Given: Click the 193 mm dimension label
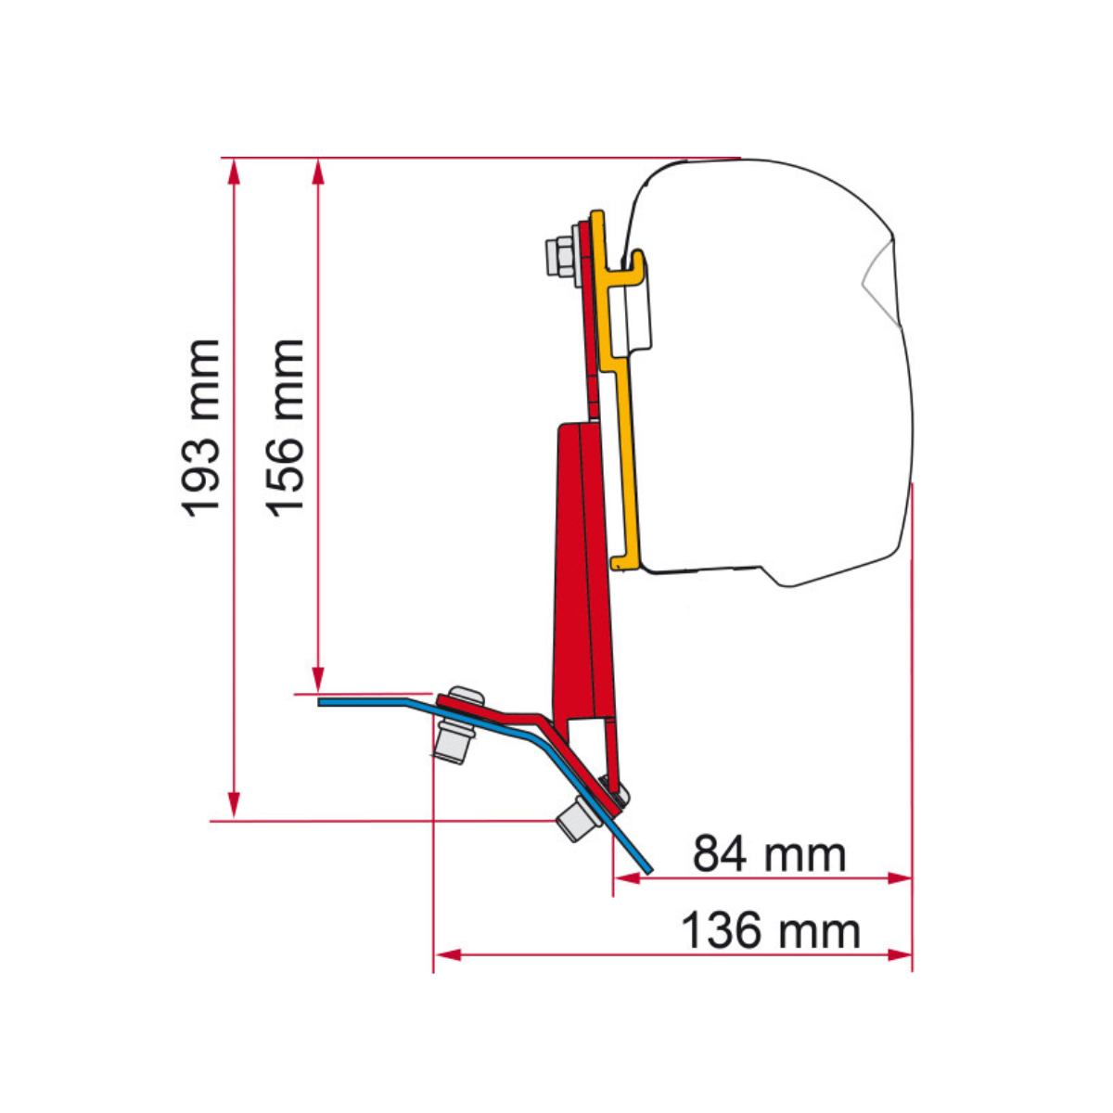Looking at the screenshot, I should pyautogui.click(x=201, y=428).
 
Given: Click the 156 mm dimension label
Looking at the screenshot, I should pyautogui.click(x=285, y=426).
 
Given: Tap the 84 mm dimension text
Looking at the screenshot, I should pyautogui.click(x=769, y=853).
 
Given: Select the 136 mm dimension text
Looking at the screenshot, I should pyautogui.click(x=770, y=930).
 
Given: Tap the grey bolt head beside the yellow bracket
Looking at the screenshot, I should pyautogui.click(x=561, y=254).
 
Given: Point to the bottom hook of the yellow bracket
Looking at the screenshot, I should pyautogui.click(x=624, y=560).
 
